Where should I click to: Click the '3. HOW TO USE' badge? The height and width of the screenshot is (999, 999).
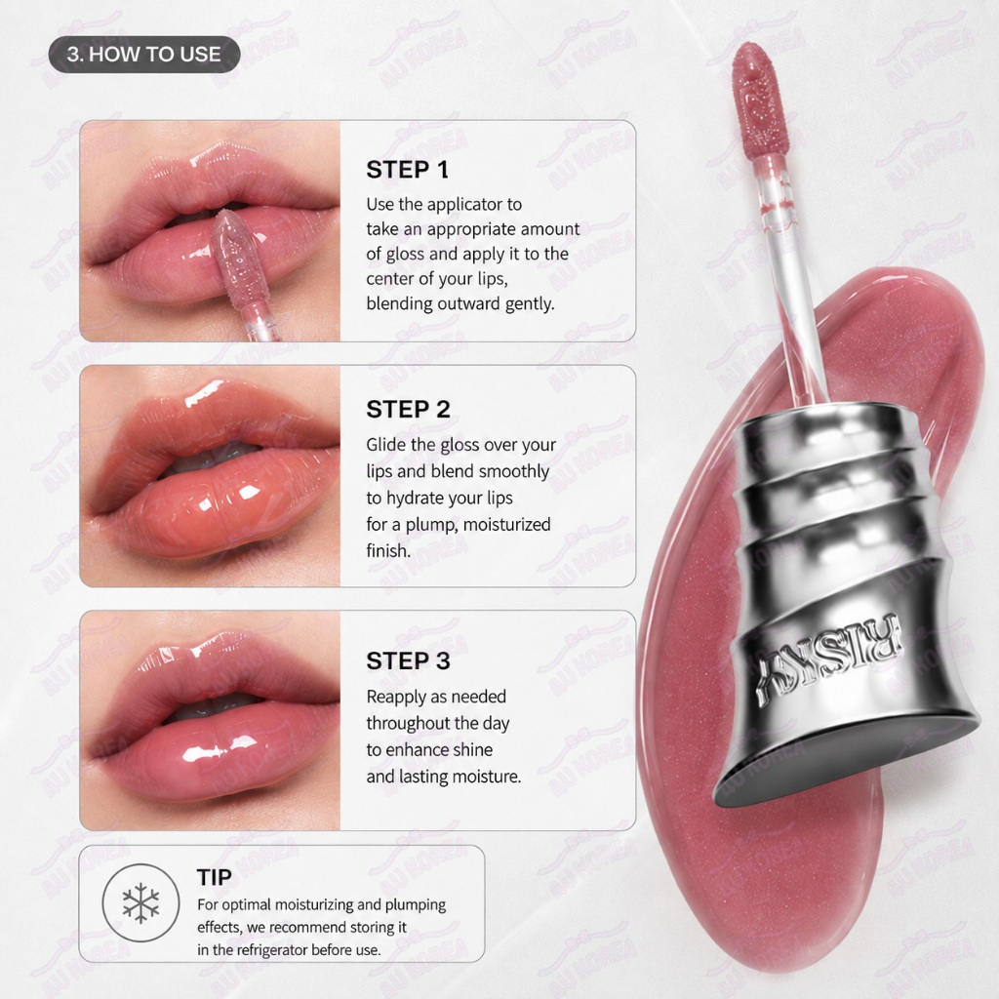tap(144, 55)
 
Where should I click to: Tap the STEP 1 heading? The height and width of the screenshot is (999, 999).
tap(407, 170)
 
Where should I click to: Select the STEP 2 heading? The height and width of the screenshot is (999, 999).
tap(408, 410)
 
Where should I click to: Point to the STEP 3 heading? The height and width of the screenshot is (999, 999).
tap(408, 661)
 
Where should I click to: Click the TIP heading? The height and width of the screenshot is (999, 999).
tap(214, 877)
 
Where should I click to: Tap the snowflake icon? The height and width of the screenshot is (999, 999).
tap(140, 902)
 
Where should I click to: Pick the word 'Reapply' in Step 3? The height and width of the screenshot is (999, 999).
tap(397, 697)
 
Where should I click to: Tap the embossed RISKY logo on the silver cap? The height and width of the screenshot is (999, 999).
tap(829, 659)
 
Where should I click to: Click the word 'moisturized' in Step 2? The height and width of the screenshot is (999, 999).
tap(506, 525)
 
